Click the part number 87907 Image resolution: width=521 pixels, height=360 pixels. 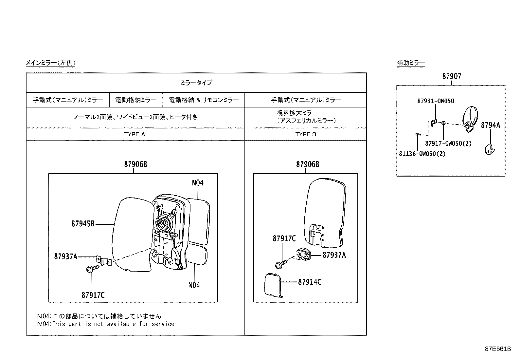click(452, 76)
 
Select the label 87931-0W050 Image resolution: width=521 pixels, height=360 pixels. click(435, 101)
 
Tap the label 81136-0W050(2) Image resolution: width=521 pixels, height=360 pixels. click(422, 154)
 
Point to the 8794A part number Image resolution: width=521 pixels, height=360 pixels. click(490, 125)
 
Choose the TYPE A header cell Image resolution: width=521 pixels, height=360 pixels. click(135, 134)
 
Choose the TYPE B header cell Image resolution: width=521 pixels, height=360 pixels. click(305, 134)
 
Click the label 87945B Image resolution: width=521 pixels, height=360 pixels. click(83, 224)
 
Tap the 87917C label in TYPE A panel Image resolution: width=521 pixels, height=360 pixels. click(93, 295)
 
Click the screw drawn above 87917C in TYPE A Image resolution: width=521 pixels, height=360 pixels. click(91, 269)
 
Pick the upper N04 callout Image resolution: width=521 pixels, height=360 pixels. click(198, 183)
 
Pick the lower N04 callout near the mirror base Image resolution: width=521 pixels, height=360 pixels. click(194, 285)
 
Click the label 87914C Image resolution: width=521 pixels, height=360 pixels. click(309, 282)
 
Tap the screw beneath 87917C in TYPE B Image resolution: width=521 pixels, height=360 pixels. click(281, 263)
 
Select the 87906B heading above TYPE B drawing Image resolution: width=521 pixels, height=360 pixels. click(307, 164)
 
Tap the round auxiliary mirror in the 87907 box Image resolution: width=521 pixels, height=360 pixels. click(470, 117)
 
